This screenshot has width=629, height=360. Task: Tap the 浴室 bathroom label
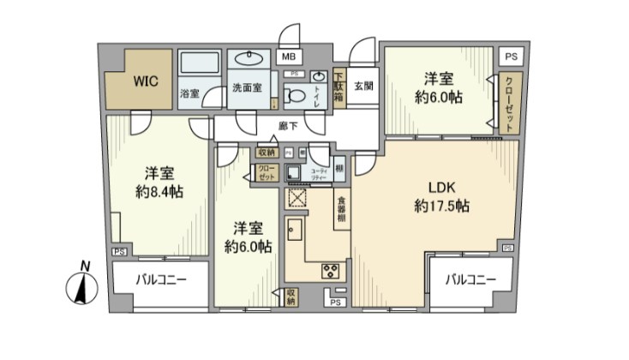[189, 93]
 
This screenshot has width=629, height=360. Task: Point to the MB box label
[290, 57]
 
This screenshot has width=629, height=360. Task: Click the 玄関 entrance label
[362, 86]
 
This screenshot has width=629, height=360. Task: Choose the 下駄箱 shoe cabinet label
[339, 86]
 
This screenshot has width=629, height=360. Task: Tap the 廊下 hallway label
[288, 126]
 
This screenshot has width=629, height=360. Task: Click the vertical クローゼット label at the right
[509, 102]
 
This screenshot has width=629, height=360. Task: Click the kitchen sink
[296, 231]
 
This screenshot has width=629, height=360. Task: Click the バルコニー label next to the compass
[160, 280]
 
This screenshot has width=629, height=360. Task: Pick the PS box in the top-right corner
[512, 57]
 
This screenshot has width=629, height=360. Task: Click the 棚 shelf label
[339, 170]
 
